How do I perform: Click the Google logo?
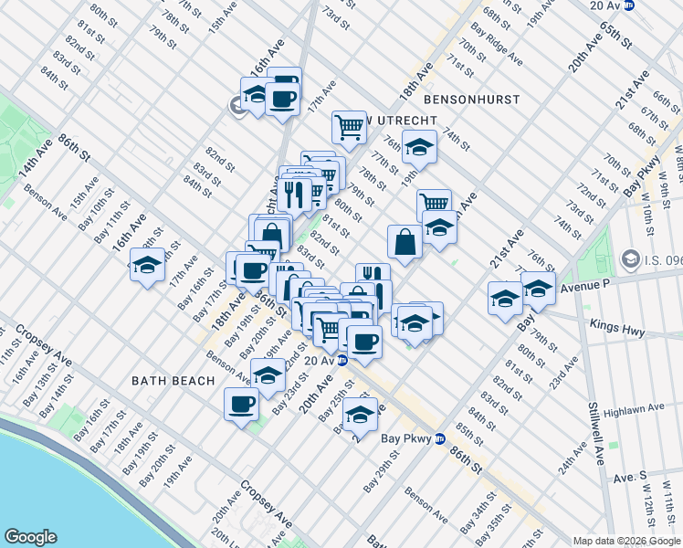[31, 537]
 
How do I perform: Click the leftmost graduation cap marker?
[147, 266]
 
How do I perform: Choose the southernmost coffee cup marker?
[242, 404]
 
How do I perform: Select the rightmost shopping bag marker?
[405, 242]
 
